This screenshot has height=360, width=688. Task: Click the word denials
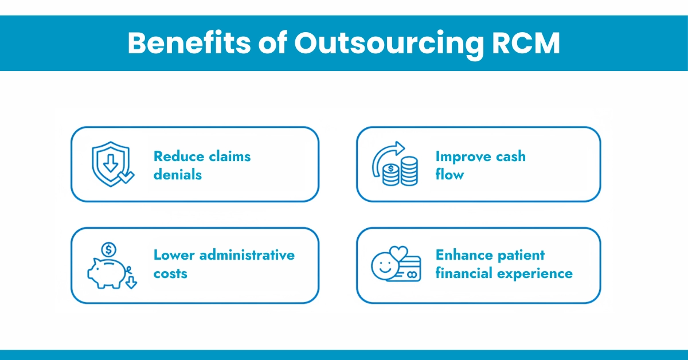[178, 174]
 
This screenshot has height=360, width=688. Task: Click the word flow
[449, 174]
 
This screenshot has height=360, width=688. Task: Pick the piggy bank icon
[107, 272]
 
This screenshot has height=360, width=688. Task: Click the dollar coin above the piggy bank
[108, 249]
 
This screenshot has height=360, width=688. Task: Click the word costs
[170, 273]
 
